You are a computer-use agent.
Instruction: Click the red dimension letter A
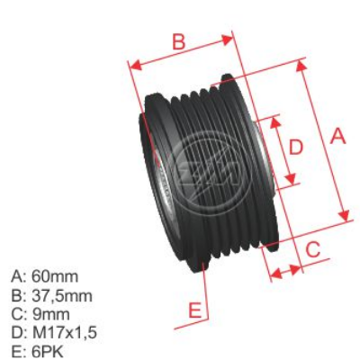(337, 137)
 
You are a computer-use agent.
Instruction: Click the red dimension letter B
(178, 40)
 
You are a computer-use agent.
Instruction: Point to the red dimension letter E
(193, 311)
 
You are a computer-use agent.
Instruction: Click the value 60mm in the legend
(56, 276)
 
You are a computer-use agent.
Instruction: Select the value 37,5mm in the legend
(62, 295)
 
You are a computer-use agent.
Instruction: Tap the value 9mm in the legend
(50, 314)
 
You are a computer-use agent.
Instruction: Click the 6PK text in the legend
(50, 351)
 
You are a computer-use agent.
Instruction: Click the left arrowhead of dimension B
(133, 65)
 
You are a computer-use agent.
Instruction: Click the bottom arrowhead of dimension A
(346, 215)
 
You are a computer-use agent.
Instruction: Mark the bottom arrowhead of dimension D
(290, 184)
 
